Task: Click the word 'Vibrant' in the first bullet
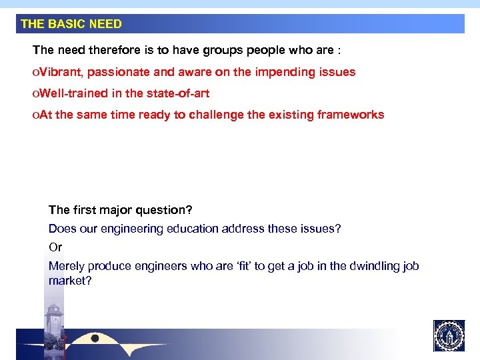coord(61,72)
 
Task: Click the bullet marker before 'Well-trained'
coord(35,93)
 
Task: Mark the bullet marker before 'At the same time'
coord(35,115)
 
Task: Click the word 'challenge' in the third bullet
coord(216,115)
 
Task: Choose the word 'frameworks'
coord(351,115)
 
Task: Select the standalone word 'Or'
coord(55,247)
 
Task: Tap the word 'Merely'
coord(66,266)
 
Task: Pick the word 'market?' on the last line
coord(69,281)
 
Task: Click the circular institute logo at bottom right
coord(449,336)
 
